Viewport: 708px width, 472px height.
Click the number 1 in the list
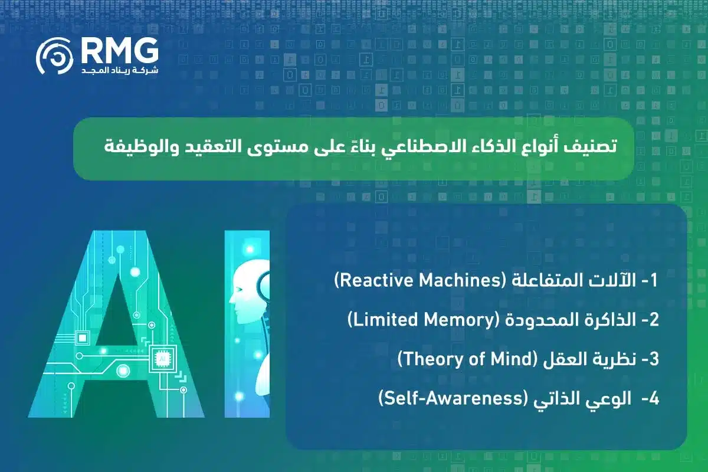[x=651, y=281]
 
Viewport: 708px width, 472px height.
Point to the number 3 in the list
[x=650, y=359]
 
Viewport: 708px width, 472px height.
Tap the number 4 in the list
[x=650, y=399]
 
